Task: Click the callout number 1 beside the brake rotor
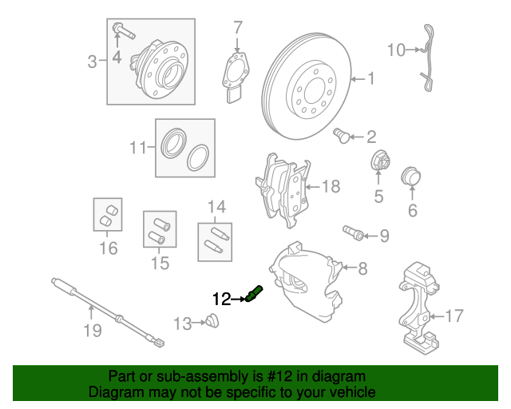pyautogui.click(x=370, y=78)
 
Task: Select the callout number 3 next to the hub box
pyautogui.click(x=93, y=61)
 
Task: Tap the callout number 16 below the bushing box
pyautogui.click(x=108, y=248)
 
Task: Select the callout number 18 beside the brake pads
pyautogui.click(x=331, y=187)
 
